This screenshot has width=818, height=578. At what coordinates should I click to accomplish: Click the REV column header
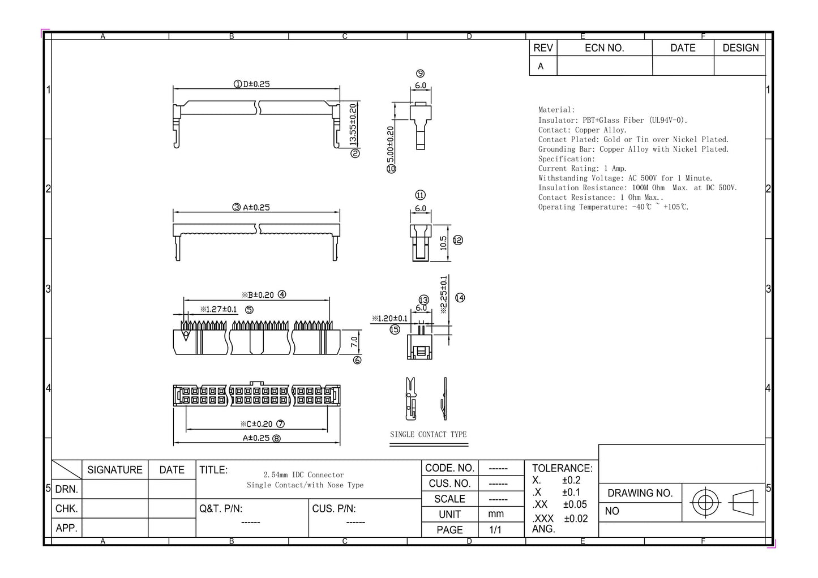(543, 48)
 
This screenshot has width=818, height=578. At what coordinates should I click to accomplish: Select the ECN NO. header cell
(604, 48)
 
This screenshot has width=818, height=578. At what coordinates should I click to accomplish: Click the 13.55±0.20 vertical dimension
(353, 125)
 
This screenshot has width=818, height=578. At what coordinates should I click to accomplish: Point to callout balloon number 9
(420, 73)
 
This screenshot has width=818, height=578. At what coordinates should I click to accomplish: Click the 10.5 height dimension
(443, 242)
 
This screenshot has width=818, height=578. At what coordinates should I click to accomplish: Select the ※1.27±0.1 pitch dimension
(219, 309)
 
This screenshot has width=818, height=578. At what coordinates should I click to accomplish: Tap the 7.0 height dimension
(354, 341)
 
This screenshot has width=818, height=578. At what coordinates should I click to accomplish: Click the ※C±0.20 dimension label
(256, 423)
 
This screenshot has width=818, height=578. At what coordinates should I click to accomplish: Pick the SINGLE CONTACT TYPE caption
(429, 434)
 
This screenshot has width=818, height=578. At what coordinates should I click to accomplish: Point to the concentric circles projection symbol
(705, 502)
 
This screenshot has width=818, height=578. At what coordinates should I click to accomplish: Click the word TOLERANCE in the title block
(562, 468)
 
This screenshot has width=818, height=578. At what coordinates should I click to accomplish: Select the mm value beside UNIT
(496, 514)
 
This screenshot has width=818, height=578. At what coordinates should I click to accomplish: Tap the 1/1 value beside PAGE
(495, 530)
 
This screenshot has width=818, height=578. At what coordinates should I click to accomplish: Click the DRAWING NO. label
(640, 493)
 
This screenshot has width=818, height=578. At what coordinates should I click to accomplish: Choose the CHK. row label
(66, 508)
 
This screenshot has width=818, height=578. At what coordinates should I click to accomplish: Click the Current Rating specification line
(582, 168)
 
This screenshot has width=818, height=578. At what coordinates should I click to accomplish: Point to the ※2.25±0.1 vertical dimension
(443, 294)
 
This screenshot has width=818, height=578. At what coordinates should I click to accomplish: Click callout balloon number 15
(395, 329)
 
